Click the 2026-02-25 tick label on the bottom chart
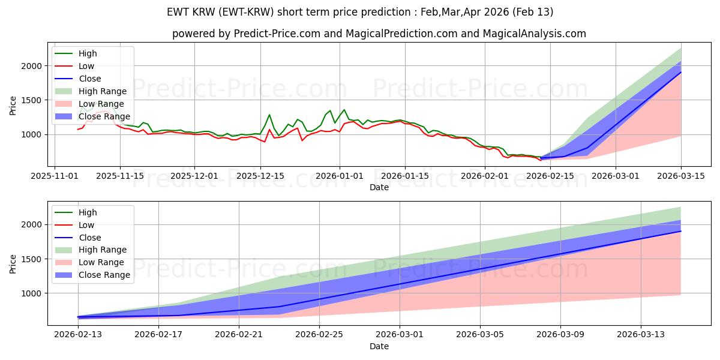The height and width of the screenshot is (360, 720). [x=319, y=334]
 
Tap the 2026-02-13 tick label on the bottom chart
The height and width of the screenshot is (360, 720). [x=78, y=334]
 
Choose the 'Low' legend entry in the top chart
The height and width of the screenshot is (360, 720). [x=86, y=66]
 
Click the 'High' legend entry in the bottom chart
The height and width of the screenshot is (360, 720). [x=88, y=212]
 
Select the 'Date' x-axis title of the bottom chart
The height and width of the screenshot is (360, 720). [x=379, y=346]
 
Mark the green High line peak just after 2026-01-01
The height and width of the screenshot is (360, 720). [x=344, y=110]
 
